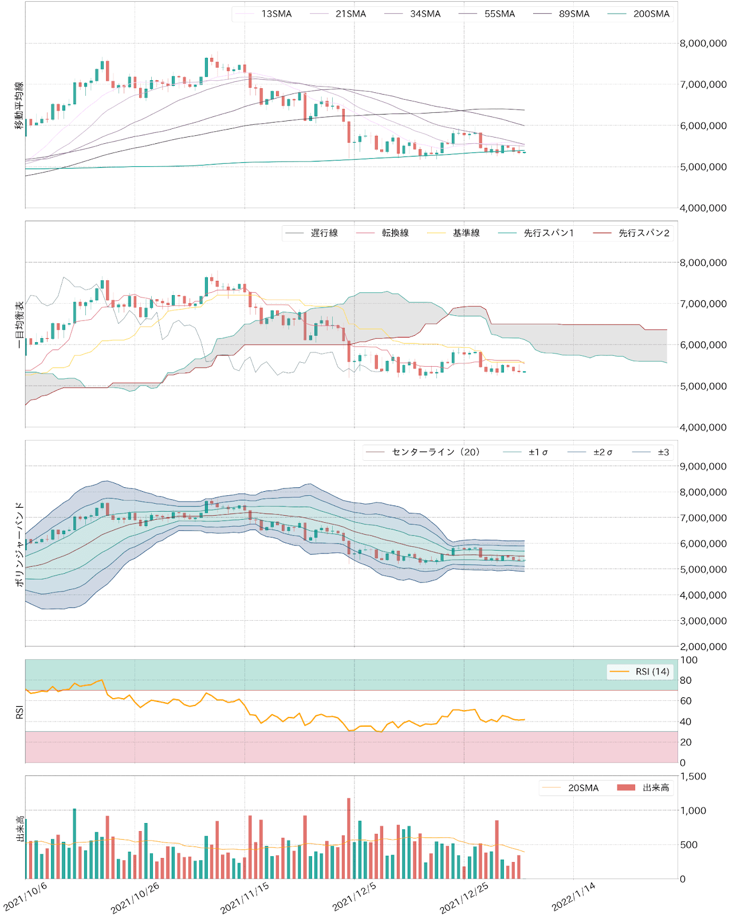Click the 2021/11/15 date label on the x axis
point(245,898)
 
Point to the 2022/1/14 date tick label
point(573,898)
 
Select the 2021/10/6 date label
point(25,898)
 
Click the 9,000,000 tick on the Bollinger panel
point(703,467)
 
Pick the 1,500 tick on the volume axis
point(693,777)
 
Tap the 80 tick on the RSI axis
point(685,680)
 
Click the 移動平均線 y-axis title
point(19,105)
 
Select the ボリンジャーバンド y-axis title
point(19,544)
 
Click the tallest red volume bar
point(349,838)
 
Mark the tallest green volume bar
point(74,844)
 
